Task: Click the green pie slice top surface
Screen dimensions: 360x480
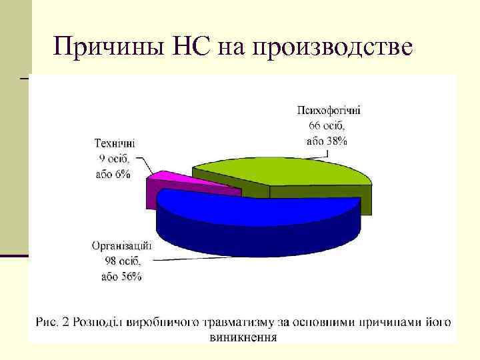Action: [x=293, y=172]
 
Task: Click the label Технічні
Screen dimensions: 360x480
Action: [x=115, y=143]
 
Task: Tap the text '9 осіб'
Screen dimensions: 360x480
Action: [x=115, y=159]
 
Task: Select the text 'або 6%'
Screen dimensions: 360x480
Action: [x=113, y=174]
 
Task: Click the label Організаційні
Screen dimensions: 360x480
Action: [x=122, y=245]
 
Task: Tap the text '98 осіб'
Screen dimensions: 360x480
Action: [x=121, y=261]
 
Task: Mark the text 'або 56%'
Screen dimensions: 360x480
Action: [x=121, y=277]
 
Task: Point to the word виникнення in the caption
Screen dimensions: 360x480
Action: [x=243, y=337]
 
